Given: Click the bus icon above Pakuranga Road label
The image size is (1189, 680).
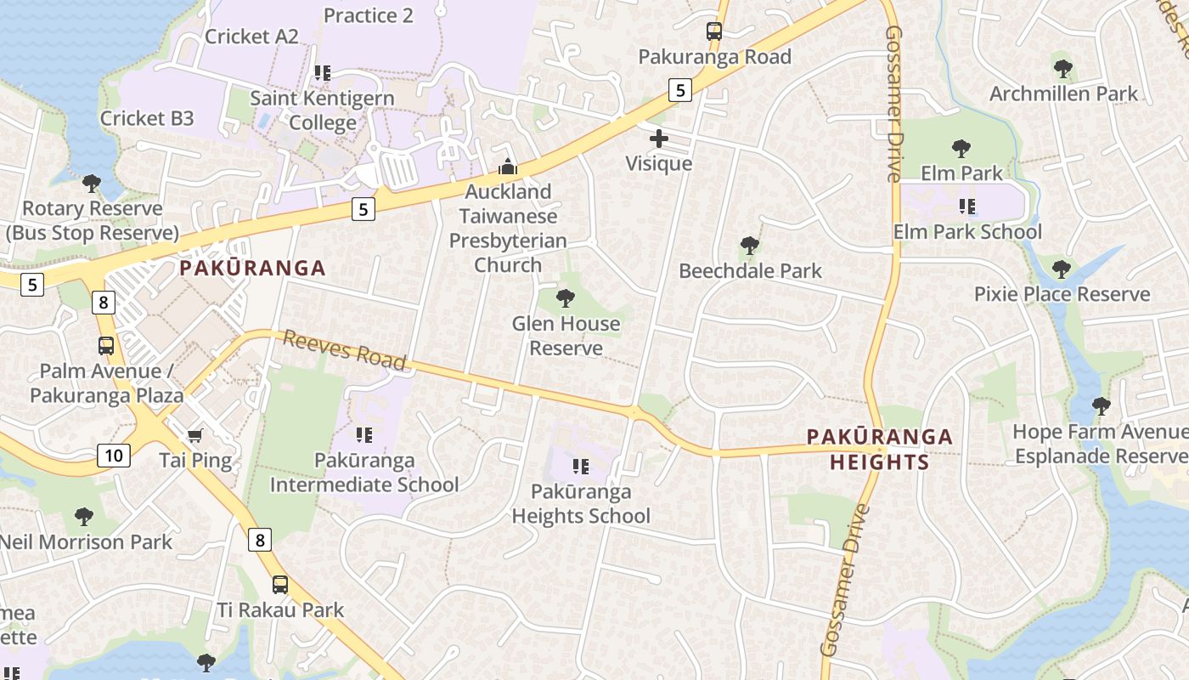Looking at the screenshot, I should [x=714, y=32].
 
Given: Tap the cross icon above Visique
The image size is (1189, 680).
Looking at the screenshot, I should [x=659, y=139].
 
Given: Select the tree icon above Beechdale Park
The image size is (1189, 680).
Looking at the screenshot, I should [x=749, y=246].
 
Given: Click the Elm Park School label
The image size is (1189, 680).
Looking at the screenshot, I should [x=967, y=232].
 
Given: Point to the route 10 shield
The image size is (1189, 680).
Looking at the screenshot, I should [x=114, y=456].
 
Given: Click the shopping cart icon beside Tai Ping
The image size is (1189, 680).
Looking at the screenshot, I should [x=195, y=436].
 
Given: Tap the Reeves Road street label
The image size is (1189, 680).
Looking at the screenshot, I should [x=344, y=350].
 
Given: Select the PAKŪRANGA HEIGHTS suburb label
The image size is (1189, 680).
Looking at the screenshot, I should [x=879, y=450].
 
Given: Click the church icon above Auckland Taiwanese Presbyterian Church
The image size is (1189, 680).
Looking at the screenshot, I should [x=507, y=167].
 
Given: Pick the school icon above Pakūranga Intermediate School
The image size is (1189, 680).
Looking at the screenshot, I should [x=364, y=436].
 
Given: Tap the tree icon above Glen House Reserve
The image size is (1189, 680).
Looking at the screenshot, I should [x=565, y=298].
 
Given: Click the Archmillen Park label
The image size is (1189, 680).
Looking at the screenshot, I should [x=1062, y=93].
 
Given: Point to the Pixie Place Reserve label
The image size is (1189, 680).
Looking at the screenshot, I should [x=1062, y=295].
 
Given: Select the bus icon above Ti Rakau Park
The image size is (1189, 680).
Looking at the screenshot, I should [x=279, y=585].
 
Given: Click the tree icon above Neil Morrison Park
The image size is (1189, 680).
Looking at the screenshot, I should [x=83, y=517].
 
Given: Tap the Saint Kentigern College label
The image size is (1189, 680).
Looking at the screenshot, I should [x=322, y=110].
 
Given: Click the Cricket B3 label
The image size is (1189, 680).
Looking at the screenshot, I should [x=147, y=118].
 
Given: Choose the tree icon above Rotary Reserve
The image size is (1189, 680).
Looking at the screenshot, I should [x=92, y=184].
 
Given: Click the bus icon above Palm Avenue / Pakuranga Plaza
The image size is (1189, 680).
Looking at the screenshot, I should [x=106, y=346].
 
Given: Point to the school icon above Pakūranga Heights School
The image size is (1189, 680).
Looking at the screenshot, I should [x=581, y=467].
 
